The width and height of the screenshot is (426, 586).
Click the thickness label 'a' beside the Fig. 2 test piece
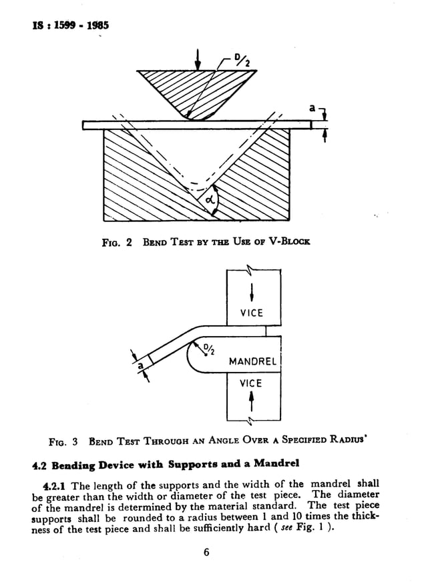[312, 107]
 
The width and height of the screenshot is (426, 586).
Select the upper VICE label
[251, 313]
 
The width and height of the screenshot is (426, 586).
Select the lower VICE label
[251, 383]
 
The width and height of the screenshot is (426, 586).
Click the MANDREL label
[252, 362]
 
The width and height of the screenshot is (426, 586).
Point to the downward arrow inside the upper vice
[252, 293]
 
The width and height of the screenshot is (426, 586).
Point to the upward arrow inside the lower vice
[252, 402]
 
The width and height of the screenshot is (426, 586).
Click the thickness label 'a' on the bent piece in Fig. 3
[140, 366]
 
